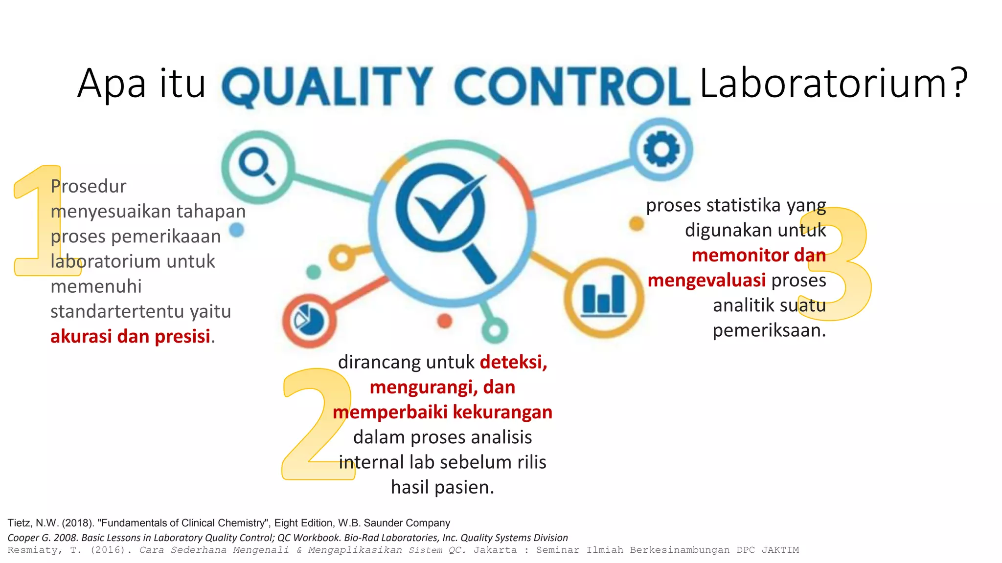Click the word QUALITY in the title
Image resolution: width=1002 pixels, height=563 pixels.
click(327, 87)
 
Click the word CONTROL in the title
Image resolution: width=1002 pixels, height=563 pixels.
click(571, 87)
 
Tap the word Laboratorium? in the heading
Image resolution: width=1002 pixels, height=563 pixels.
click(833, 83)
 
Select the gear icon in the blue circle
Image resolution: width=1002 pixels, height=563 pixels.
click(661, 149)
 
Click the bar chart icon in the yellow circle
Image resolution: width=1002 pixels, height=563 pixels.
click(604, 295)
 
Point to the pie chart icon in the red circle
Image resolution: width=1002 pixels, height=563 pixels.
click(309, 321)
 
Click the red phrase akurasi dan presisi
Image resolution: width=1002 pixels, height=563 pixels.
click(131, 336)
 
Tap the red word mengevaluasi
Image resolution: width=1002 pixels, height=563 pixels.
click(706, 280)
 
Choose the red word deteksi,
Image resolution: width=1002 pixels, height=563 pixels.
click(513, 362)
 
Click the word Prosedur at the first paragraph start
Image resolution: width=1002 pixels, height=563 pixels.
click(89, 186)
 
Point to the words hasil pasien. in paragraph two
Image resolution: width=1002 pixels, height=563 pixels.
click(442, 487)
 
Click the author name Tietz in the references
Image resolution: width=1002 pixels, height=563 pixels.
click(19, 523)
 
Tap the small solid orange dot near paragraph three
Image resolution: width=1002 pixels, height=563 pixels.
click(636, 224)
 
